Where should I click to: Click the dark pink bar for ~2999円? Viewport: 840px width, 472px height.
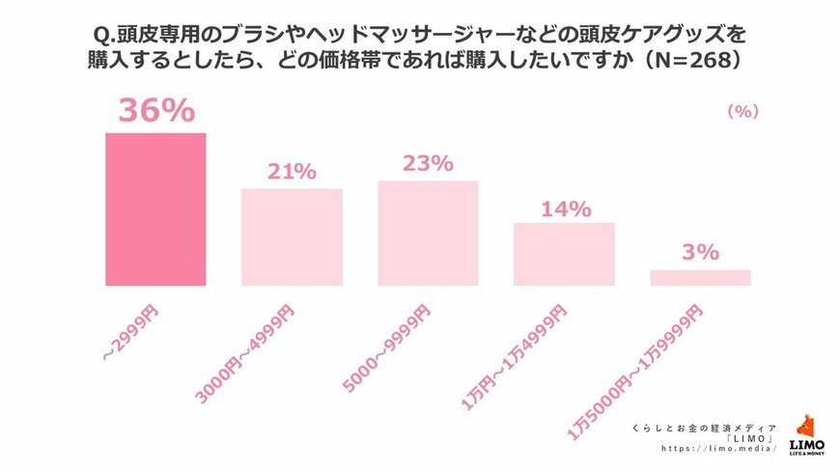tap(154, 208)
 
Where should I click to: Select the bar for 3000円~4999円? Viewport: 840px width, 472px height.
tap(292, 236)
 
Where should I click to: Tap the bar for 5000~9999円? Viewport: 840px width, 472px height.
tap(428, 233)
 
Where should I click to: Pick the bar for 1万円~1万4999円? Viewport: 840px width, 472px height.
tap(564, 254)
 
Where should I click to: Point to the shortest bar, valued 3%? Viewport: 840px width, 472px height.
tap(700, 278)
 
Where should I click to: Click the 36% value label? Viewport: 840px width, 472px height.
tap(155, 111)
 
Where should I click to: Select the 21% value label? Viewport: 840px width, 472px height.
tap(292, 172)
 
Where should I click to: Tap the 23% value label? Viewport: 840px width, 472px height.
tap(428, 163)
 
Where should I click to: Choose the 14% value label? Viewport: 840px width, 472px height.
tap(564, 208)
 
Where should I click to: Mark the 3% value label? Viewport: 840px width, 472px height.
tap(700, 253)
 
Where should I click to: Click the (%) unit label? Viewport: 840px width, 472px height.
tap(742, 112)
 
